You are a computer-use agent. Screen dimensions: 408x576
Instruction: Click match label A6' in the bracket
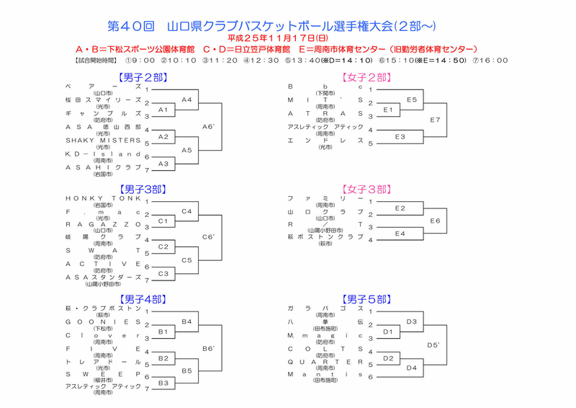coord(209,126)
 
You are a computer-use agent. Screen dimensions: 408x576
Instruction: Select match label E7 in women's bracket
coord(434,119)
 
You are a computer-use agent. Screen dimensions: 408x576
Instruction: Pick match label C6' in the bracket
coord(209,236)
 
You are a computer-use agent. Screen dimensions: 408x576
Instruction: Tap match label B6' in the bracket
coord(209,348)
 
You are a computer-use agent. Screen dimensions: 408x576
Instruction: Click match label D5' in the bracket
coord(433,345)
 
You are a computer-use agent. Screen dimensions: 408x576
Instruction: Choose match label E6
coord(434,221)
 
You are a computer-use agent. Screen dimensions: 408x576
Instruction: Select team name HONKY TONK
coord(104,198)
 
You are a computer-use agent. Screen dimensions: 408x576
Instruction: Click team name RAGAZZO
coord(104,224)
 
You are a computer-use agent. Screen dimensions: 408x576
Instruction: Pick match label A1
coord(163,110)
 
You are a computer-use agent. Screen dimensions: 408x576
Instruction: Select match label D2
coord(388,358)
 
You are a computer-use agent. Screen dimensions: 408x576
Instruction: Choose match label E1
coord(388,110)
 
